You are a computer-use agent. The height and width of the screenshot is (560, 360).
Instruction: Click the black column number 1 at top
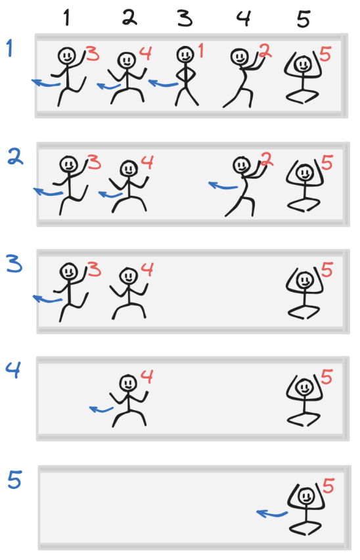click(66, 18)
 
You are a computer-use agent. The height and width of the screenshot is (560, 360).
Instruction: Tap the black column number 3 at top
click(185, 18)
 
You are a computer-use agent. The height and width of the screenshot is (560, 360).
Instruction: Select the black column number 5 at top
click(304, 19)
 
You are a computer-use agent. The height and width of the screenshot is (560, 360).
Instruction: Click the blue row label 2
click(15, 157)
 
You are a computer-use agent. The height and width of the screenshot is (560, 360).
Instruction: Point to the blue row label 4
click(13, 369)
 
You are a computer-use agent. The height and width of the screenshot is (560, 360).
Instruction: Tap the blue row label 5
click(14, 479)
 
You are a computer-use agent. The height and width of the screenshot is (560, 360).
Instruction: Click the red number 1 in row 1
click(201, 51)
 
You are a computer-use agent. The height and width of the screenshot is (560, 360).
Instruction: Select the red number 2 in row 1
click(265, 51)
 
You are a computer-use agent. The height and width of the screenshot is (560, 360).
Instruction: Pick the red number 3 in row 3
click(94, 269)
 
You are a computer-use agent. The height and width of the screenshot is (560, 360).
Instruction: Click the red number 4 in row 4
click(147, 377)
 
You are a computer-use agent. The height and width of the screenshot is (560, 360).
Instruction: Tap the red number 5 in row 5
click(328, 486)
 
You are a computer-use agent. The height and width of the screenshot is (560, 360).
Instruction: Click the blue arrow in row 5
click(272, 514)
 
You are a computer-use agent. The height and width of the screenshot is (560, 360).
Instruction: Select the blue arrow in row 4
click(101, 409)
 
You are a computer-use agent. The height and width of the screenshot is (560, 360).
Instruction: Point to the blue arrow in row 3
click(47, 299)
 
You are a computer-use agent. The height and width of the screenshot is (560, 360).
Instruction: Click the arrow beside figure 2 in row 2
click(223, 186)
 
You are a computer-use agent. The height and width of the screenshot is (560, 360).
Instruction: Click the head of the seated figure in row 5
click(305, 496)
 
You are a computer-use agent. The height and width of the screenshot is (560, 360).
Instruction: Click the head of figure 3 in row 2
click(69, 164)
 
